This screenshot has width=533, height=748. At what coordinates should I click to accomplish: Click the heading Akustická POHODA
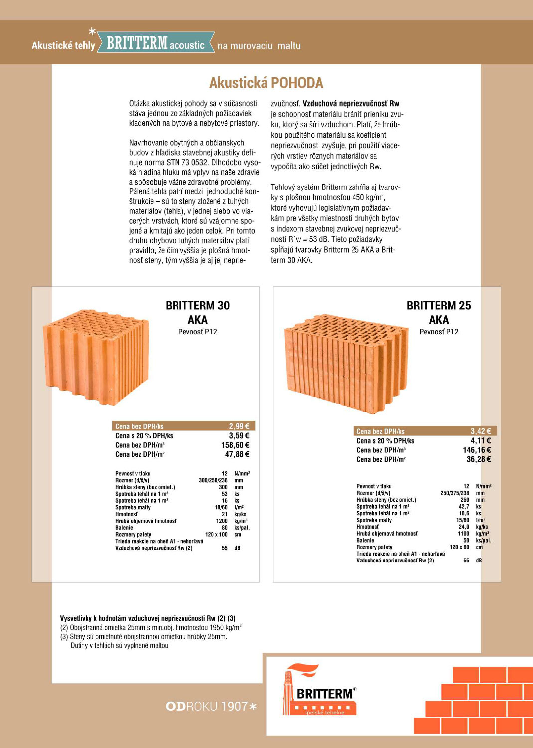coord(266,83)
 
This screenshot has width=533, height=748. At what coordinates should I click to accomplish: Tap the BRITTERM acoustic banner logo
coord(156,44)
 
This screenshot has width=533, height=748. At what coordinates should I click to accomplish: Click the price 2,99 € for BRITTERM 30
coord(239,426)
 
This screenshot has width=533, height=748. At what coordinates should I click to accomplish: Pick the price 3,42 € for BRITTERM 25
coord(481,431)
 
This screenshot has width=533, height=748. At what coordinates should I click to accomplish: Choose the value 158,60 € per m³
coord(235,445)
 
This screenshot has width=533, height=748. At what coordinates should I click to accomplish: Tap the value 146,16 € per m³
coord(477,450)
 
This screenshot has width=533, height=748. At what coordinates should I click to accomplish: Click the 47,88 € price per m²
coord(237,454)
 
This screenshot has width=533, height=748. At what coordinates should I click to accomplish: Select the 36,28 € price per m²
coord(479,459)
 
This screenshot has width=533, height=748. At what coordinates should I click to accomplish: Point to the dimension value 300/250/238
coord(213,480)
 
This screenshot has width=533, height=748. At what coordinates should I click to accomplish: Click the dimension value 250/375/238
coord(455,493)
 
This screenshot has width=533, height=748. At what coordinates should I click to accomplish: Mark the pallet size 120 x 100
coord(216,534)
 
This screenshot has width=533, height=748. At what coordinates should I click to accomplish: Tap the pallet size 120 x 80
coord(459,547)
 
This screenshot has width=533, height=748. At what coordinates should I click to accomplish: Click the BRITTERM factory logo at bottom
coord(319,691)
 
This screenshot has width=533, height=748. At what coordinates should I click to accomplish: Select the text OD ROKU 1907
coord(211,706)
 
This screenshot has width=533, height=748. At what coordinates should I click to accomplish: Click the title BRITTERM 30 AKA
coord(198,312)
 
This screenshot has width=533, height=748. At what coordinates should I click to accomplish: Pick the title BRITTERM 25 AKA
coord(439,312)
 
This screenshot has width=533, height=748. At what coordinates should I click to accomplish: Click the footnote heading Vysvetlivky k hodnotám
coord(148,618)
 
